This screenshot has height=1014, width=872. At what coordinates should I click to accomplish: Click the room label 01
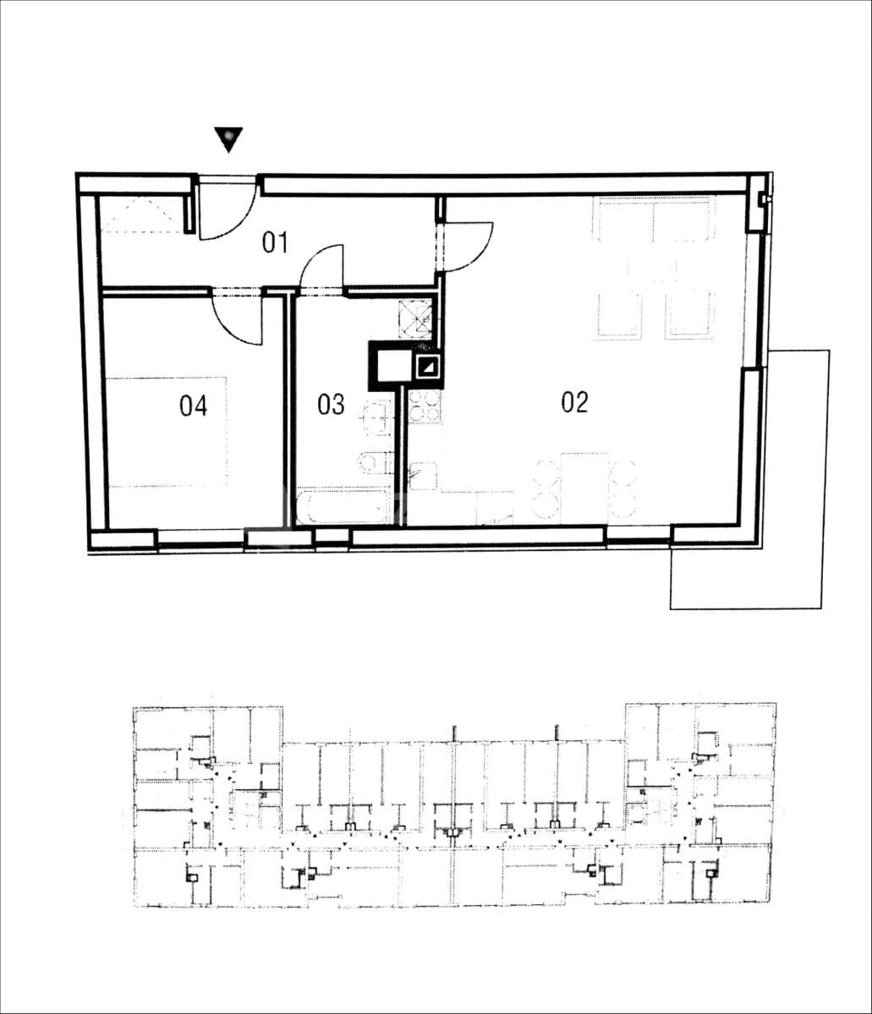click(276, 244)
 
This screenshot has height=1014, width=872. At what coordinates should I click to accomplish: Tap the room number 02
click(574, 403)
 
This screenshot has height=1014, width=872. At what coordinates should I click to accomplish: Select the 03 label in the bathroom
click(331, 405)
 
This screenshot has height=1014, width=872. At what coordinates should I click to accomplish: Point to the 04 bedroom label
click(193, 406)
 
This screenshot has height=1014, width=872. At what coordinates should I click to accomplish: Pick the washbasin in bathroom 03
click(377, 416)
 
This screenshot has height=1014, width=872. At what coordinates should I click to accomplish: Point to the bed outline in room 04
click(167, 432)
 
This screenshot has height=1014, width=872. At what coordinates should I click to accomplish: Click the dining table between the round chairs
click(585, 488)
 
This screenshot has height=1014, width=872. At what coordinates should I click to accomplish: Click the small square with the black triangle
click(427, 366)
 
